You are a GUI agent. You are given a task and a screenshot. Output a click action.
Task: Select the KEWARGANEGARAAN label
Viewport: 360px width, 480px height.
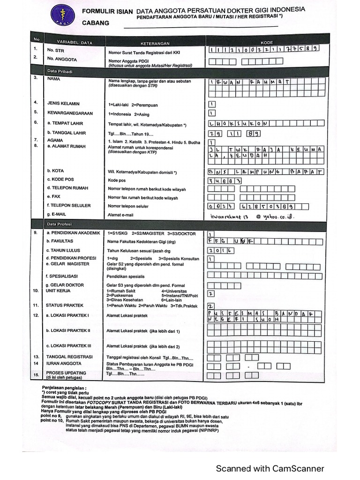coord(70,113)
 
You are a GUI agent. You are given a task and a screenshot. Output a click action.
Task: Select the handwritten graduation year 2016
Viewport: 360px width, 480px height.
coord(221,251)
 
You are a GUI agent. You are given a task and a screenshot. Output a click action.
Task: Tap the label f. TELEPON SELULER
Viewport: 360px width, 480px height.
coord(68,205)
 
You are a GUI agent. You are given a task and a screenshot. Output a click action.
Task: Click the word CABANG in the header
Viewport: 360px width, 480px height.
coord(96,22)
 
